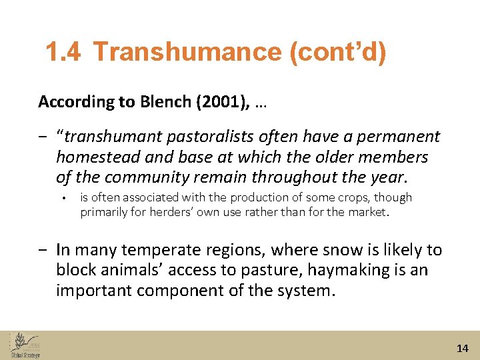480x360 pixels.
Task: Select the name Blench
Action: click(x=162, y=102)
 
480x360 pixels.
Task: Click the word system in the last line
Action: click(x=305, y=291)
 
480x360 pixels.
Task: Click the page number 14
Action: click(x=463, y=348)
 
